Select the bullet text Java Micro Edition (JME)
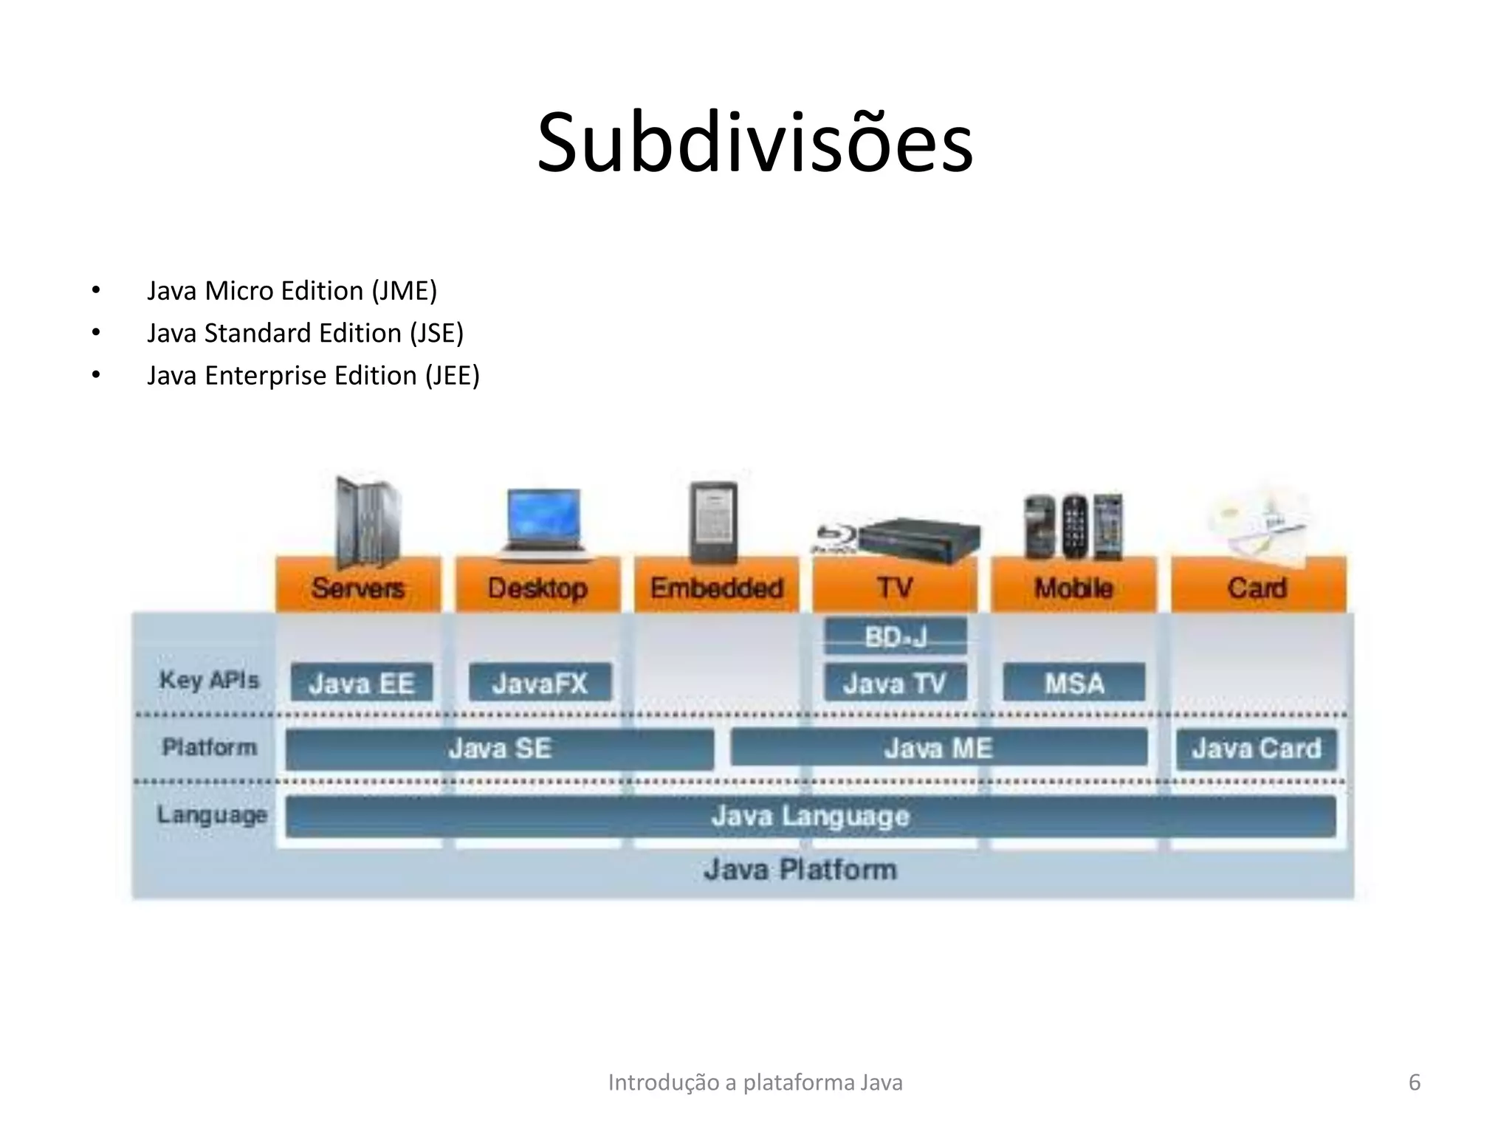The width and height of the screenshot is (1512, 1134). [292, 291]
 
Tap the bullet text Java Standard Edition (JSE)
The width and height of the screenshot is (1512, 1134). [305, 333]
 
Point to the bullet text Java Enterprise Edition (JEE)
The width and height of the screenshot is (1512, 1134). [313, 376]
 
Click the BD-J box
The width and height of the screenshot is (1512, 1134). [896, 636]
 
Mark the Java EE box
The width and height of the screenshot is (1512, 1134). [361, 683]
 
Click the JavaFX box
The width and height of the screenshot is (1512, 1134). [540, 683]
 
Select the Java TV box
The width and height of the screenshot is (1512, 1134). [895, 683]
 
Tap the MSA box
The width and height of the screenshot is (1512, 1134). [1074, 683]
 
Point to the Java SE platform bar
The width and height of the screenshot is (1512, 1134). [500, 749]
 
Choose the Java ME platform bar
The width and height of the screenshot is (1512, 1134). [938, 749]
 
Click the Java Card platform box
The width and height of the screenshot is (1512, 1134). [1257, 749]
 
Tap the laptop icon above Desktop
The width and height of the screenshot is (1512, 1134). [543, 520]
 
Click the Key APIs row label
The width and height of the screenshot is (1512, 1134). [210, 680]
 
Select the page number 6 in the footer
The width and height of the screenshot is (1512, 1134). [1415, 1082]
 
